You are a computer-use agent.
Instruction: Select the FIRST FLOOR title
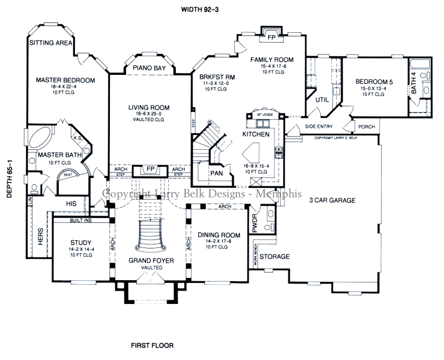click(152, 345)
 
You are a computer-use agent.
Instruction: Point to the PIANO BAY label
click(148, 68)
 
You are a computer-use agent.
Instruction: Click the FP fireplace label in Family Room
click(271, 38)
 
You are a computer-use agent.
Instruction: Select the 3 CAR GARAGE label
click(332, 200)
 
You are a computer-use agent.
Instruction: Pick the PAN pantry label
click(216, 173)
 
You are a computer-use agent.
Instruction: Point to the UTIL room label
click(322, 99)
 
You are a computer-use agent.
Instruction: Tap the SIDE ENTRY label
click(319, 126)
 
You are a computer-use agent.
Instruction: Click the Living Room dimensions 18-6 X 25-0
click(149, 114)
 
